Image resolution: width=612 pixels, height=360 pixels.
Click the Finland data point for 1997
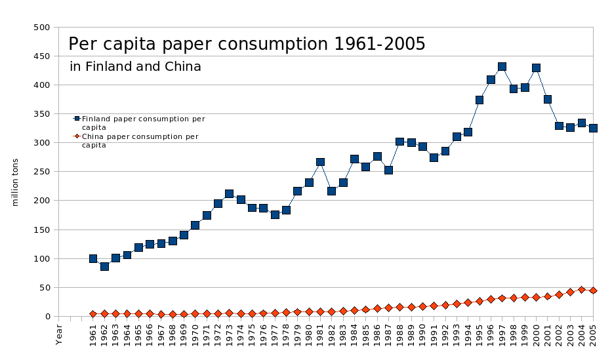[502, 67]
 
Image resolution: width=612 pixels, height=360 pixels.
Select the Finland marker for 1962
[104, 266]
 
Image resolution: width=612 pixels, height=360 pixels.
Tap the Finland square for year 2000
[536, 68]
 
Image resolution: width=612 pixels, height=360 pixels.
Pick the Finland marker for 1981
[320, 162]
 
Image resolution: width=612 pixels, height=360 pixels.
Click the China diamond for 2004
[581, 290]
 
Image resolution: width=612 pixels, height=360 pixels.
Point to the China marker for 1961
[93, 314]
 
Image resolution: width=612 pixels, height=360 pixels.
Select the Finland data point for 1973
[229, 194]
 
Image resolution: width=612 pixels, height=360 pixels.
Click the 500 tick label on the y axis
[41, 28]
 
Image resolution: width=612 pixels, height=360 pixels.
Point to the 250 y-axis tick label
[41, 172]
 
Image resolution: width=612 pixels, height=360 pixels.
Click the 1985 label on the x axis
[366, 334]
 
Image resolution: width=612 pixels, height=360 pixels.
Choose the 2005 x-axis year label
[593, 334]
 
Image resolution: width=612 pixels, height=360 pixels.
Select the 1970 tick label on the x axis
[195, 334]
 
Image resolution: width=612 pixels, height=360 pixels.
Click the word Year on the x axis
[59, 334]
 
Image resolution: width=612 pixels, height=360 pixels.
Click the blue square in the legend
[77, 119]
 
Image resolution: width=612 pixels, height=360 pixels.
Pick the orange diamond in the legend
[77, 136]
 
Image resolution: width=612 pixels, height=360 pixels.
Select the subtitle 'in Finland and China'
[135, 67]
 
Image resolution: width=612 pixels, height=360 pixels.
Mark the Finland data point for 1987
[388, 170]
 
